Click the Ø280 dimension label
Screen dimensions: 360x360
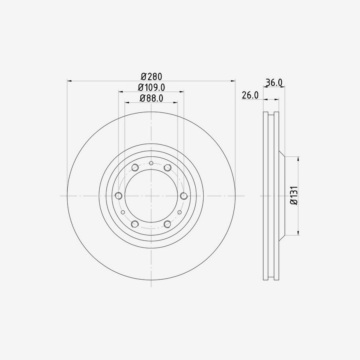pyautogui.click(x=151, y=76)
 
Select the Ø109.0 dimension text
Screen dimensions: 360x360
pyautogui.click(x=151, y=87)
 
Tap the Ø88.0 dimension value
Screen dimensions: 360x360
pyautogui.click(x=151, y=98)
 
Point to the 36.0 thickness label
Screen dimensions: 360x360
pyautogui.click(x=274, y=83)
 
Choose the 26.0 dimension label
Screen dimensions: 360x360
pyautogui.click(x=250, y=95)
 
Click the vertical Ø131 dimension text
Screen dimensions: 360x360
pyautogui.click(x=294, y=196)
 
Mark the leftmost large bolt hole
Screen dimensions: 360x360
pyautogui.click(x=118, y=196)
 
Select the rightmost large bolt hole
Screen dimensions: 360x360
pyautogui.click(x=184, y=196)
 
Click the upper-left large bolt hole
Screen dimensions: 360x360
pyautogui.click(x=135, y=167)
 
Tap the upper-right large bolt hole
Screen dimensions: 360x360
pyautogui.click(x=168, y=167)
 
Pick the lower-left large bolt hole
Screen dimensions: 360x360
pyautogui.click(x=135, y=224)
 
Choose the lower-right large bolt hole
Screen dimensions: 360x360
pyautogui.click(x=168, y=224)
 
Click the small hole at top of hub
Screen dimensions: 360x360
pyautogui.click(x=151, y=163)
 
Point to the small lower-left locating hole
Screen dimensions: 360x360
pyautogui.click(x=123, y=212)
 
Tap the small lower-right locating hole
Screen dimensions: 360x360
pyautogui.click(x=180, y=212)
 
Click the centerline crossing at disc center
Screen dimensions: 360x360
pyautogui.click(x=151, y=196)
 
